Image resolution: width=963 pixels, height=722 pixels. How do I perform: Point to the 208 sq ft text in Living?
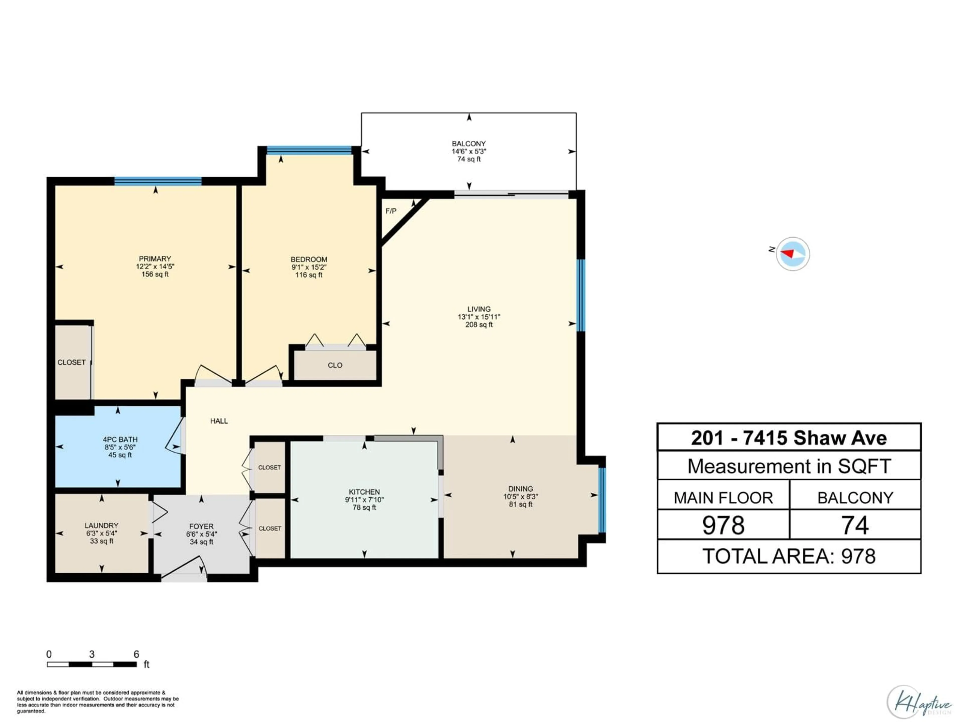[x=479, y=325]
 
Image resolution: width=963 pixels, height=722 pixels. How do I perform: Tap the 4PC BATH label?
[x=120, y=439]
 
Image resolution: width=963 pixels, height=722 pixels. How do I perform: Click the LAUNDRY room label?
[x=101, y=525]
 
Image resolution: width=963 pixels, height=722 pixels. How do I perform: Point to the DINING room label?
[x=520, y=489]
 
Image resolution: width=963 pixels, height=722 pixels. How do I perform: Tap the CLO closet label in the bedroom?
[x=335, y=365]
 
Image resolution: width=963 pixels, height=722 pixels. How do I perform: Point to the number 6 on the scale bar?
[x=136, y=654]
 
